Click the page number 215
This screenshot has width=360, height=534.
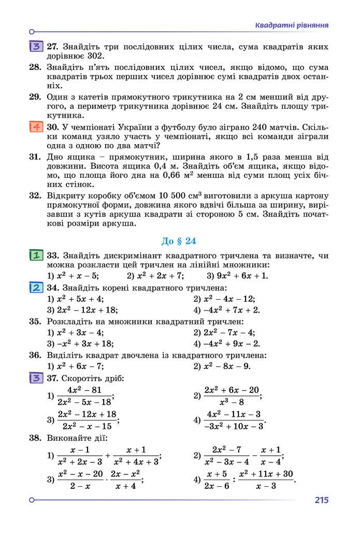321,500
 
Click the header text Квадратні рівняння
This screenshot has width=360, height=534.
292,25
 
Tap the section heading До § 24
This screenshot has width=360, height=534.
179,241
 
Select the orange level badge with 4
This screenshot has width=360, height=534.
36,127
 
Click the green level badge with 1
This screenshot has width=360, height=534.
36,256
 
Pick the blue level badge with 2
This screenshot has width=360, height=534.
36,288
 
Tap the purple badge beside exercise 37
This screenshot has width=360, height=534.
36,378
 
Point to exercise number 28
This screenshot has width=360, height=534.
35,67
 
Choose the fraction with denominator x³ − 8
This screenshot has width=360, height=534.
231,396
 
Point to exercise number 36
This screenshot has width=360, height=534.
35,355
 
